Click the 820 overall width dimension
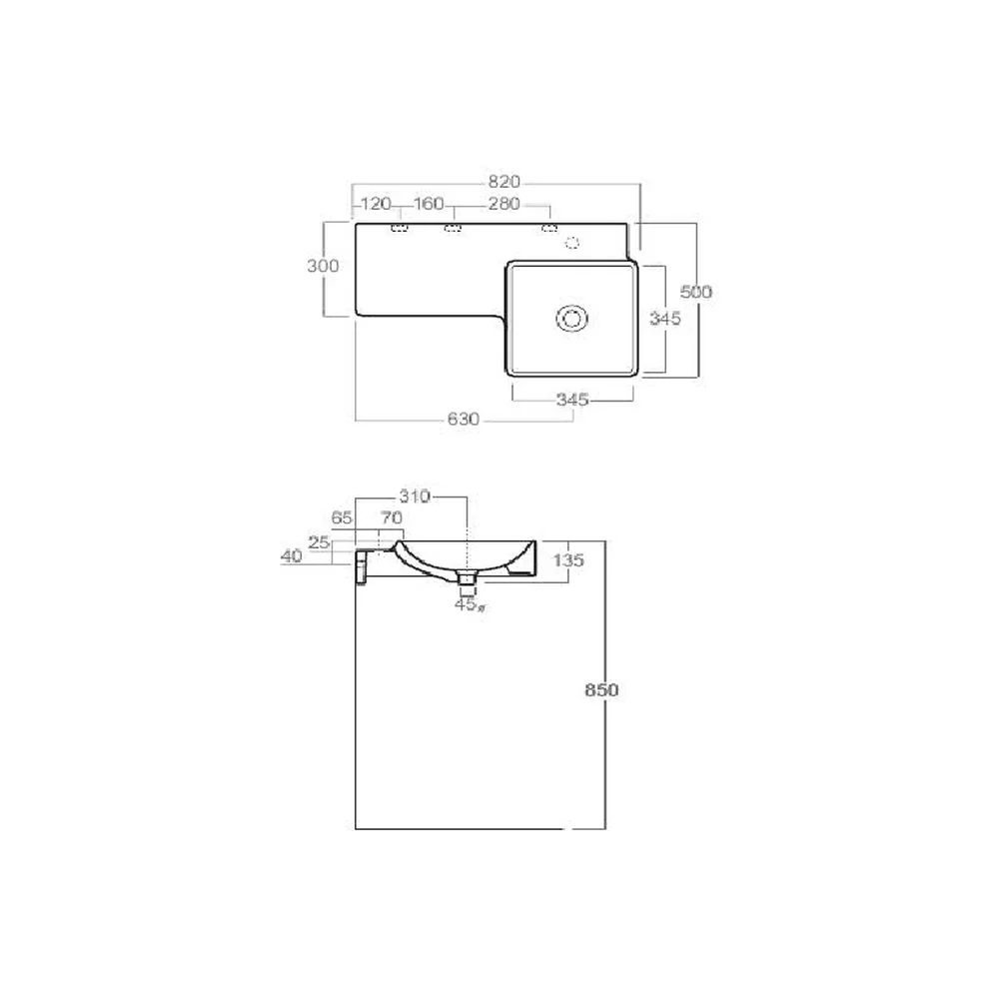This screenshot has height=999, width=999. pos(503,182)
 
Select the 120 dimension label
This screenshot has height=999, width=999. pos(376,204)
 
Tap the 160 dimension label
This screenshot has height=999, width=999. pos(429,204)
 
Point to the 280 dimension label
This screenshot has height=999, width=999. pos(503,204)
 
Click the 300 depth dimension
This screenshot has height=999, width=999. pos(323,267)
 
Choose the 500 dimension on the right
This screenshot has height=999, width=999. pos(695,292)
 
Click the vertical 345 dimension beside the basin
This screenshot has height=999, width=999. pos(665,318)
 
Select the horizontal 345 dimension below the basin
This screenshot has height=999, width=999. pos(572,401)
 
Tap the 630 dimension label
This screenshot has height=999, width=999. pos(464,420)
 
